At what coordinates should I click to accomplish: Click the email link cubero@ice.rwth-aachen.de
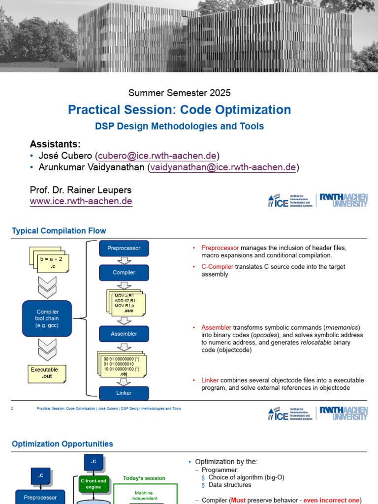[x=157, y=156]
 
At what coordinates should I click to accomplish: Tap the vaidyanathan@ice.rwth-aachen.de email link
[x=223, y=167]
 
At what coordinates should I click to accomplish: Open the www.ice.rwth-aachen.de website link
[x=81, y=201]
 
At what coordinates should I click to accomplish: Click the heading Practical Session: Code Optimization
[x=179, y=109]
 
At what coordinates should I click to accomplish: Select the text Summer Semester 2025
[x=179, y=93]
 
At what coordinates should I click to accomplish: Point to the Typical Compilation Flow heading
[x=59, y=231]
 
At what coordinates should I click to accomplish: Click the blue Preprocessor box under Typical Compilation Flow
[x=124, y=248]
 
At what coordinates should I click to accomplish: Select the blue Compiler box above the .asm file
[x=124, y=272]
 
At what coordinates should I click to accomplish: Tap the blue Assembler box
[x=124, y=334]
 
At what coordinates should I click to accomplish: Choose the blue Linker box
[x=124, y=393]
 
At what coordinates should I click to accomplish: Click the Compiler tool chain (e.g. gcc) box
[x=48, y=318]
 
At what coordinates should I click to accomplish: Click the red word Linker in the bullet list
[x=210, y=380]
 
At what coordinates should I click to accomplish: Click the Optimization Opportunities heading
[x=63, y=444]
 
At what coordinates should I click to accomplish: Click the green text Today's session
[x=144, y=478]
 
